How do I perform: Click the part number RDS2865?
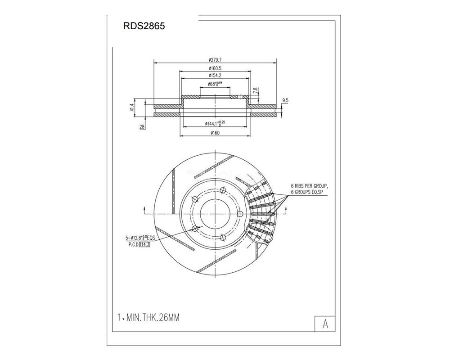point(144,26)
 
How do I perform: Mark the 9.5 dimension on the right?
point(284,100)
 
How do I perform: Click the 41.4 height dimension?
point(132,108)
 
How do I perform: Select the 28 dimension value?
point(142,128)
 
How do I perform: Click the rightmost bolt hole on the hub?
point(239,213)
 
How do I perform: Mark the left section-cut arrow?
point(144,210)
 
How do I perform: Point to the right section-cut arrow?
point(287,210)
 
